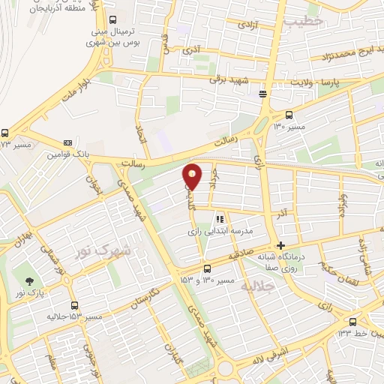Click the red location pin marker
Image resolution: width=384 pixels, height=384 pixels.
click(x=193, y=175)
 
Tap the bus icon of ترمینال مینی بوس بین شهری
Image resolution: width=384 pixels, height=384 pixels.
click(x=112, y=20)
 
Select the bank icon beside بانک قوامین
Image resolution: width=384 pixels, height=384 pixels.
click(x=68, y=142)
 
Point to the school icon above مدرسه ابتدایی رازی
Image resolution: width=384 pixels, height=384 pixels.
click(x=220, y=220)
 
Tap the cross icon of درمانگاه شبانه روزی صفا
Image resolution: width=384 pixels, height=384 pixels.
click(x=280, y=245)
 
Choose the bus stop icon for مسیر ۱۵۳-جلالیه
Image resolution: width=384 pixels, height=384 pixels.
click(x=73, y=305)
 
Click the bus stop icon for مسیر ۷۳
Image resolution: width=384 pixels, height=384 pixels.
click(x=5, y=133)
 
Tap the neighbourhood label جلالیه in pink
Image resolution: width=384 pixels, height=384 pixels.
click(x=259, y=286)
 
